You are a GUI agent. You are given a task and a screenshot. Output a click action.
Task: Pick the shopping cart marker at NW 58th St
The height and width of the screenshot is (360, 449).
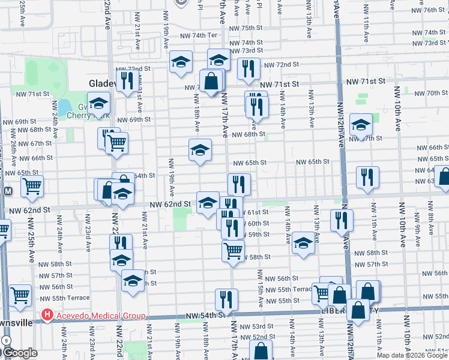click(x=233, y=249)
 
